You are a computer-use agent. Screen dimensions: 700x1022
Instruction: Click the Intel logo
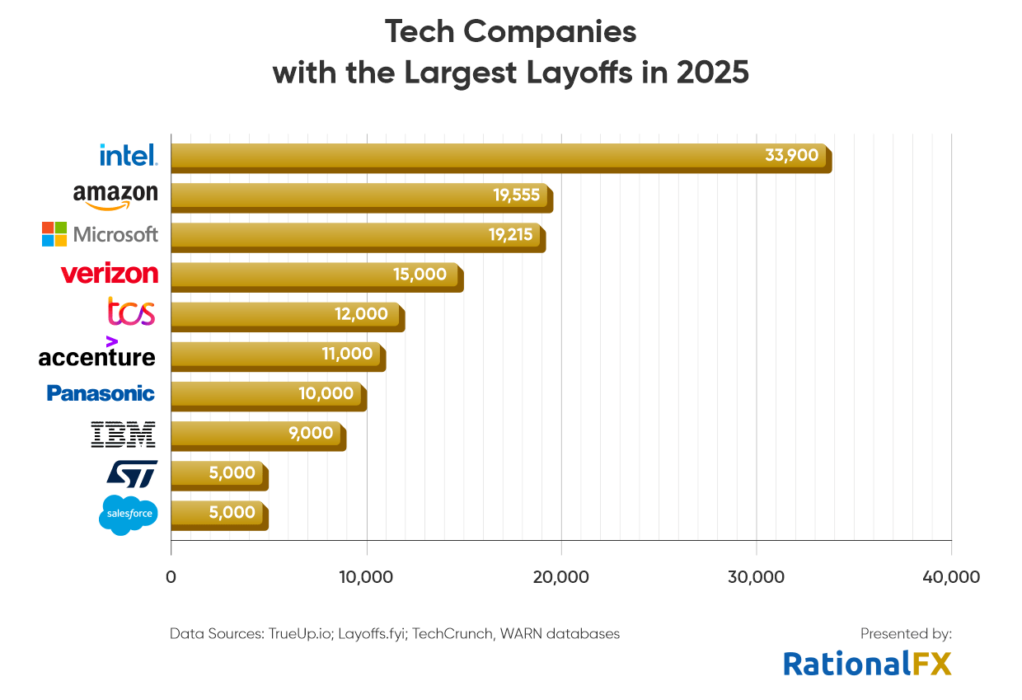point(128,155)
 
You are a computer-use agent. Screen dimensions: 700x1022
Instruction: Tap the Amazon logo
point(115,195)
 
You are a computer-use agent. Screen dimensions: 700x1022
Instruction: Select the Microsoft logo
point(100,234)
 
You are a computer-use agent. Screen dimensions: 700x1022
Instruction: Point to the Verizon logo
point(109,273)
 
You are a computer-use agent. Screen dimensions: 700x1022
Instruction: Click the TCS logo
point(131,312)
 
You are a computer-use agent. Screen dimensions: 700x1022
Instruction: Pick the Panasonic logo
point(101,393)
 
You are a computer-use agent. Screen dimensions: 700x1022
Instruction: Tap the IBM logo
point(123,434)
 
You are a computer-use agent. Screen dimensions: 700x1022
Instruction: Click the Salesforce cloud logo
point(128,514)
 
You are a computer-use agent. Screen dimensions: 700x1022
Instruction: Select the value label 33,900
point(791,155)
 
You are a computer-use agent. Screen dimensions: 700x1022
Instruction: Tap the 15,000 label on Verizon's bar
point(420,274)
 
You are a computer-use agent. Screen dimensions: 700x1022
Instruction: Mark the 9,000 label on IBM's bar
point(311,433)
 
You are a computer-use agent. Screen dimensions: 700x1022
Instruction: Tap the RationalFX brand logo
point(867,663)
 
